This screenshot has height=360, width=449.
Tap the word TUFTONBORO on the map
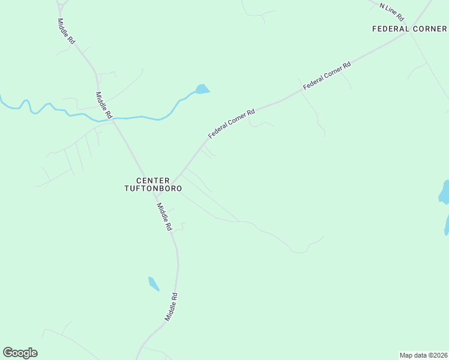pyautogui.click(x=152, y=188)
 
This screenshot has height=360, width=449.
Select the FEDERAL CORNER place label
pyautogui.click(x=409, y=29)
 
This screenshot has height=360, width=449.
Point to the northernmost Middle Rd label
pyautogui.click(x=66, y=31)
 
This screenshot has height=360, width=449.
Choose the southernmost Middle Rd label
pyautogui.click(x=172, y=306)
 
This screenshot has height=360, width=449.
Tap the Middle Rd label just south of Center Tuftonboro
pyautogui.click(x=164, y=217)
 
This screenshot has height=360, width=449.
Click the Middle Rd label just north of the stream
pyautogui.click(x=104, y=105)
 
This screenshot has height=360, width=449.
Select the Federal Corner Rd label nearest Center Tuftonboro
pyautogui.click(x=232, y=124)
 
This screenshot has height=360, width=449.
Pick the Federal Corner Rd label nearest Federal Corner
pyautogui.click(x=327, y=76)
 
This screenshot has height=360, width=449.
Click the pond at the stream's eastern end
pyautogui.click(x=202, y=89)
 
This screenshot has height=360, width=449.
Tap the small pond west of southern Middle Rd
pyautogui.click(x=154, y=283)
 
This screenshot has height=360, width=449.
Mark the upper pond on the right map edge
pyautogui.click(x=445, y=192)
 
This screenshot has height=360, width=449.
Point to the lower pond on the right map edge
pyautogui.click(x=447, y=225)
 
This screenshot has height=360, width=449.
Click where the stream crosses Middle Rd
pyautogui.click(x=113, y=119)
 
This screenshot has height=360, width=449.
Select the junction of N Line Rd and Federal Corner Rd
pyautogui.click(x=410, y=33)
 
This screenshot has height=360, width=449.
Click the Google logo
pyautogui.click(x=20, y=353)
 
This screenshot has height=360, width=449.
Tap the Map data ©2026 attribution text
pyautogui.click(x=423, y=355)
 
